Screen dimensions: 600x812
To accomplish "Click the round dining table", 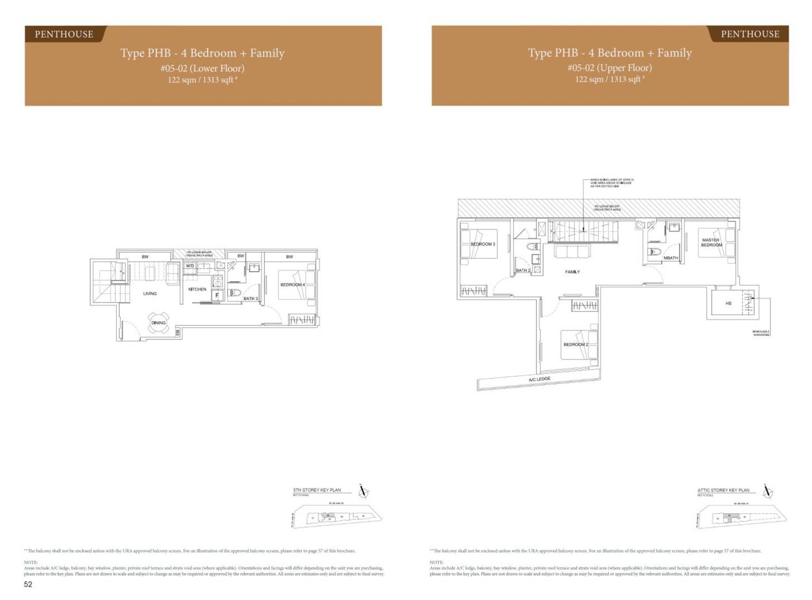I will point(158,323).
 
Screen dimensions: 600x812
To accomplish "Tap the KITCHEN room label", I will point(197,289).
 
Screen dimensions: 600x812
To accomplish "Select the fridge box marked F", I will point(217,295).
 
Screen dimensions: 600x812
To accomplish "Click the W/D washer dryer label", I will point(190,265).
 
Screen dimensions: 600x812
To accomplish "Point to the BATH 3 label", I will point(251,298).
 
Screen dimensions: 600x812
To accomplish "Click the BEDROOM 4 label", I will point(292,285).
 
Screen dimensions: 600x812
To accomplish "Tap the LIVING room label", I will point(150,293).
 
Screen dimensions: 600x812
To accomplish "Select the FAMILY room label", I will point(572,272).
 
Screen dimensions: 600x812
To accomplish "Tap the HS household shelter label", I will point(728,303).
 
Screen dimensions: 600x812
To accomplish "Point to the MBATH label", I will point(670,258).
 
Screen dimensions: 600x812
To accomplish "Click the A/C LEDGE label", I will point(539,379).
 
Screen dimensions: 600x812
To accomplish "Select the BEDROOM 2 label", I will point(576,345).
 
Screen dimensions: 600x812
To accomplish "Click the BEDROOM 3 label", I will point(483,244).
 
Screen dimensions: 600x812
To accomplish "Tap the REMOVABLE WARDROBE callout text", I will point(761,334).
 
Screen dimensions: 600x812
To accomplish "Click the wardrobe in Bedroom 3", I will point(473,291).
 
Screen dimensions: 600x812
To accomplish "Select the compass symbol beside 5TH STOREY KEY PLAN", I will point(363,492).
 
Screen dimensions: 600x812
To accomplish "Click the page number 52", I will point(28,584).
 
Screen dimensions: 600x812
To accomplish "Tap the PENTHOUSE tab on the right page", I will point(750,34).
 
